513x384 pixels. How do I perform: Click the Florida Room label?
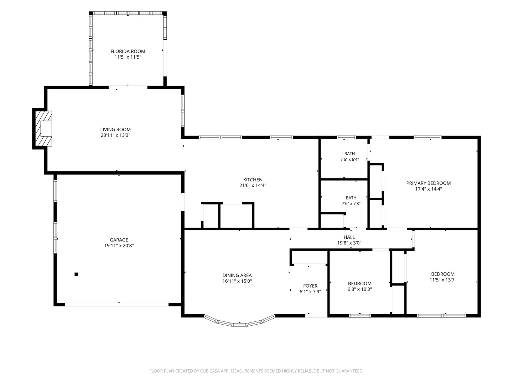point(128,51)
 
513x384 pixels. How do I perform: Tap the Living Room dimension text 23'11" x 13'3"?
point(115,135)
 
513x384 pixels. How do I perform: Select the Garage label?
point(119,240)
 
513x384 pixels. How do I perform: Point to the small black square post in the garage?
point(76,274)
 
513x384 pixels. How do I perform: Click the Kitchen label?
point(253,180)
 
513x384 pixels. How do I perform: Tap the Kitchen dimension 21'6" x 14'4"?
point(253,186)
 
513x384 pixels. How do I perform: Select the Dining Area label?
point(237,275)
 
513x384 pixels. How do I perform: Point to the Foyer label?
point(310,286)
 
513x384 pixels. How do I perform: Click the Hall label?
point(349,237)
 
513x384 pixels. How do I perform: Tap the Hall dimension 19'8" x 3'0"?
point(349,243)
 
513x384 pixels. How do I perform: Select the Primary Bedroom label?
point(429,183)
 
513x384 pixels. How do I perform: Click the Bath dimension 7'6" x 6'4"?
point(349,160)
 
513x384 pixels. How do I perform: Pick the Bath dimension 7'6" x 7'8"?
point(351,203)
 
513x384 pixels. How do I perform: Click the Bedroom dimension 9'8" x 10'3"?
point(360,289)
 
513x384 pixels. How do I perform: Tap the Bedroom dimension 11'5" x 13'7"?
point(443,280)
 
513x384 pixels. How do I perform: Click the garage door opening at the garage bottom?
point(117,304)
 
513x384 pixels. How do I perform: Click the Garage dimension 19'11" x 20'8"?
point(119,245)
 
